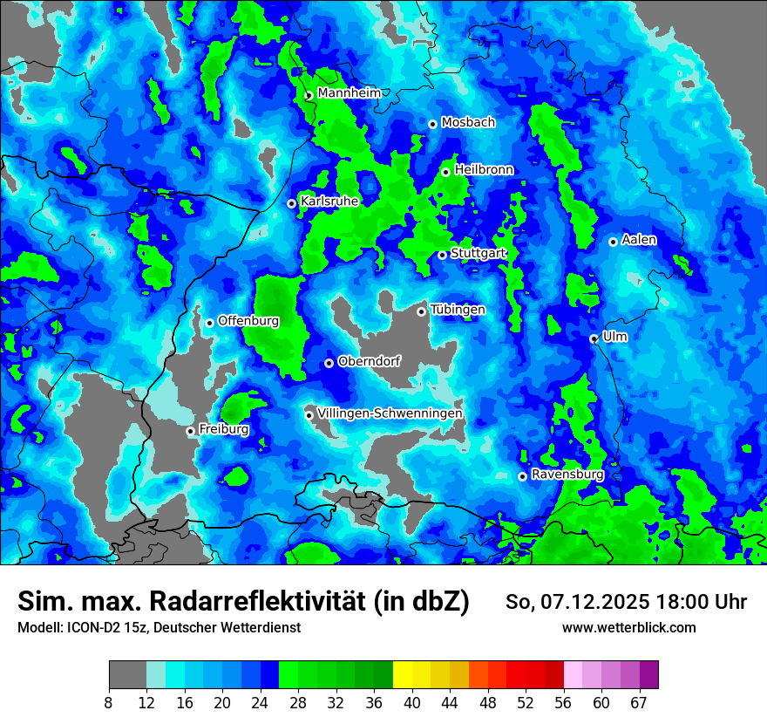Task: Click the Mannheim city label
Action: point(349,93)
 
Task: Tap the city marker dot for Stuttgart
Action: point(443,255)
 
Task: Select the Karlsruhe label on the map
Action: point(329,201)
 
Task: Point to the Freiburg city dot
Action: point(190,431)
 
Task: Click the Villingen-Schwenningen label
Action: point(390,413)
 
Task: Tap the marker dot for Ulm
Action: point(594,338)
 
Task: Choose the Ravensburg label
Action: point(567,475)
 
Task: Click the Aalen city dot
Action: point(613,242)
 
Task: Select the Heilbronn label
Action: point(484,170)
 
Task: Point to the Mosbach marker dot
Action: point(432,124)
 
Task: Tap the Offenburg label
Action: point(248,321)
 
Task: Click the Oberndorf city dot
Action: point(329,363)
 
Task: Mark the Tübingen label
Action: point(458,310)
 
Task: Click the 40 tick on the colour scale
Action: point(411,702)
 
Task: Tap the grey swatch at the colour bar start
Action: point(127,675)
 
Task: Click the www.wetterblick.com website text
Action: point(628,627)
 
